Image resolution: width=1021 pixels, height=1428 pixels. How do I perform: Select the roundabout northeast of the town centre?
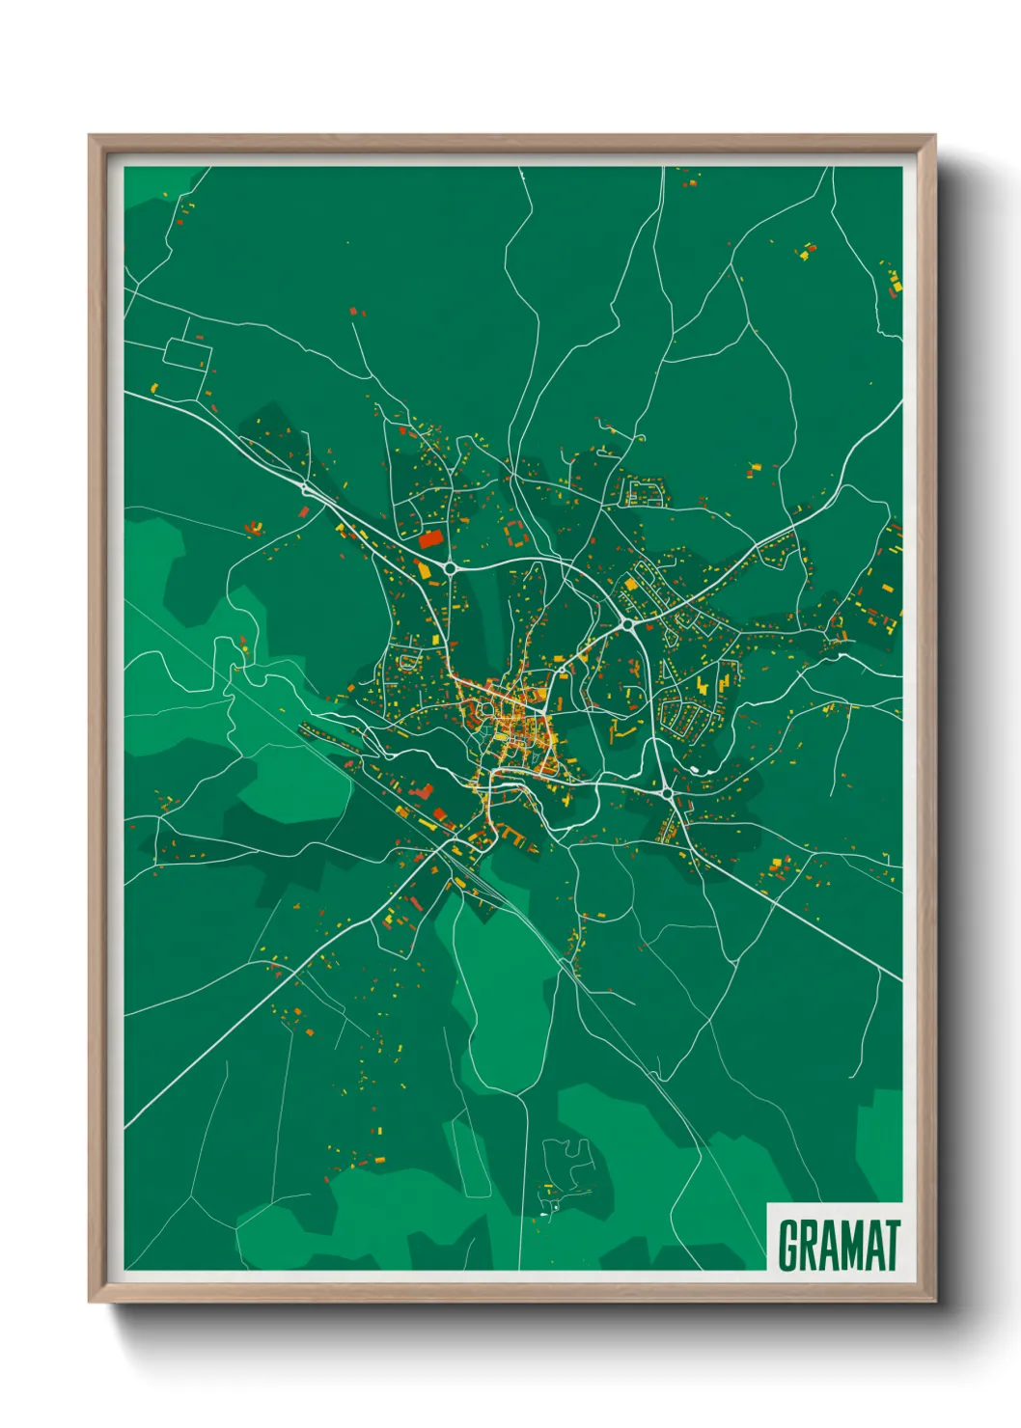click(628, 624)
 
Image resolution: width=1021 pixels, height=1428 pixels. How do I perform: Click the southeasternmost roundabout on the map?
click(667, 793)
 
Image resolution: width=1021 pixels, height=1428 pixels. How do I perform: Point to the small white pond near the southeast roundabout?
click(697, 769)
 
